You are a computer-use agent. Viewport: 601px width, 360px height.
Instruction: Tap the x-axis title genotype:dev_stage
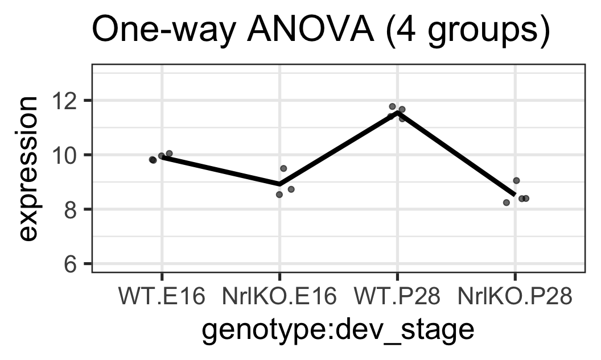pyautogui.click(x=338, y=330)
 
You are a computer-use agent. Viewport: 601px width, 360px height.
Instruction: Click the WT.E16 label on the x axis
pyautogui.click(x=162, y=296)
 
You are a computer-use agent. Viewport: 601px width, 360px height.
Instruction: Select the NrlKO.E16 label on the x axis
pyautogui.click(x=279, y=296)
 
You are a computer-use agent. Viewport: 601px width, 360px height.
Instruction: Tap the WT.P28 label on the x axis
pyautogui.click(x=397, y=296)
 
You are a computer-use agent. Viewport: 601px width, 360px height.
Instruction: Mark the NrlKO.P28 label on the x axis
pyautogui.click(x=514, y=296)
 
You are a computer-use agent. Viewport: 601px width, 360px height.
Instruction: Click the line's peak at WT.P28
pyautogui.click(x=397, y=113)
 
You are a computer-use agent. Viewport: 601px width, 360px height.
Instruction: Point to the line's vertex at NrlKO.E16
pyautogui.click(x=279, y=184)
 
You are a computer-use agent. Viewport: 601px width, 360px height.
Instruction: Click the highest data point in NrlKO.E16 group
pyautogui.click(x=283, y=168)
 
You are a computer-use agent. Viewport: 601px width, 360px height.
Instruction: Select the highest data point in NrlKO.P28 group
pyautogui.click(x=516, y=180)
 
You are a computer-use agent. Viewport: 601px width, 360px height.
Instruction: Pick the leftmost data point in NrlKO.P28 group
pyautogui.click(x=507, y=202)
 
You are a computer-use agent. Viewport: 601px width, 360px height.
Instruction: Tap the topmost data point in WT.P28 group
pyautogui.click(x=392, y=106)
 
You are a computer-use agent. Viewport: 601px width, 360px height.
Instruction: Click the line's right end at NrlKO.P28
pyautogui.click(x=514, y=195)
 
